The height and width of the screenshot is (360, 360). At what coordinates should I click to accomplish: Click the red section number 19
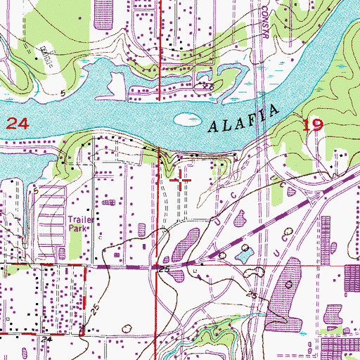point(313,126)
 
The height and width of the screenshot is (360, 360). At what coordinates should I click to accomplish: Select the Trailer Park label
point(79,223)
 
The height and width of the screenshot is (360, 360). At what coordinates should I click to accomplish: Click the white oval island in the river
point(185,119)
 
